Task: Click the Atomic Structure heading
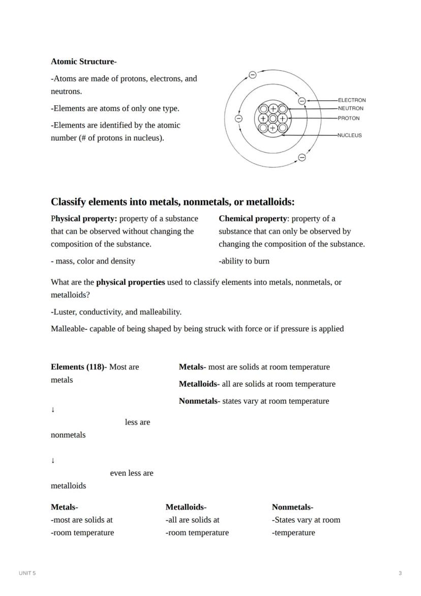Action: pyautogui.click(x=83, y=62)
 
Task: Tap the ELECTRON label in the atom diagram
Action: pyautogui.click(x=351, y=100)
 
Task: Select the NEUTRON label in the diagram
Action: pyautogui.click(x=350, y=108)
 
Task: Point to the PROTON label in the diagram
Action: pyautogui.click(x=348, y=118)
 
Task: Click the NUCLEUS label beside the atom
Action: pyautogui.click(x=349, y=135)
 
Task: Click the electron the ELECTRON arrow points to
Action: pyautogui.click(x=302, y=101)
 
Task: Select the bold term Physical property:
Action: pyautogui.click(x=84, y=219)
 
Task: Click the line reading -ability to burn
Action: pyautogui.click(x=244, y=261)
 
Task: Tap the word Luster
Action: pyautogui.click(x=65, y=312)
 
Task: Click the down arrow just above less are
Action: pyautogui.click(x=53, y=410)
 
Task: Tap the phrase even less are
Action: pyautogui.click(x=131, y=473)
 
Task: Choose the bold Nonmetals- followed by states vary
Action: pyautogui.click(x=199, y=401)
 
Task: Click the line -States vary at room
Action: pyautogui.click(x=306, y=520)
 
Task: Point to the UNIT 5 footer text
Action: pyautogui.click(x=27, y=573)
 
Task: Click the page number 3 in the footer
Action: pyautogui.click(x=400, y=573)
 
